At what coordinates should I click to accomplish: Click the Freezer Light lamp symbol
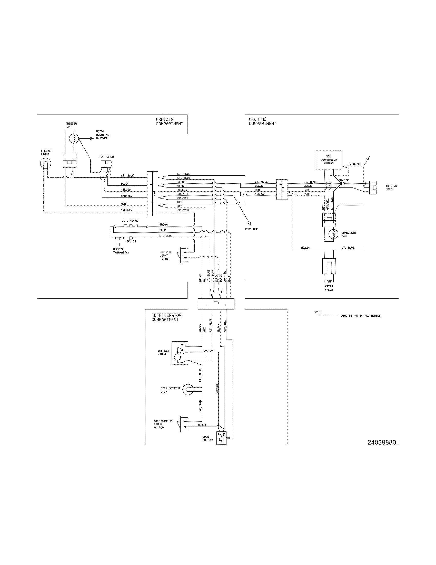coord(45,164)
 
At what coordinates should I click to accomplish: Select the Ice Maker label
coord(106,157)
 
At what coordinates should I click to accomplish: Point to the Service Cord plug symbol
coord(373,187)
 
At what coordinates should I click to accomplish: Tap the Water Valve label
coord(329,288)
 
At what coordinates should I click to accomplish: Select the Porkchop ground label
coord(252,229)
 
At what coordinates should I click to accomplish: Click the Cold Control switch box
coord(221,438)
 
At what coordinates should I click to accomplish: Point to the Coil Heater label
coord(131,221)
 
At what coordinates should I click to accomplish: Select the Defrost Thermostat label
coord(121,251)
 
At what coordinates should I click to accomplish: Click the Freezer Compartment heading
coord(169,121)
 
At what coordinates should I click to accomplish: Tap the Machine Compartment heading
coord(262,121)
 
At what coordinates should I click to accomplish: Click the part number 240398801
coord(383,443)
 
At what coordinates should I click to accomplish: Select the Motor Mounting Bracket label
coord(102,135)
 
